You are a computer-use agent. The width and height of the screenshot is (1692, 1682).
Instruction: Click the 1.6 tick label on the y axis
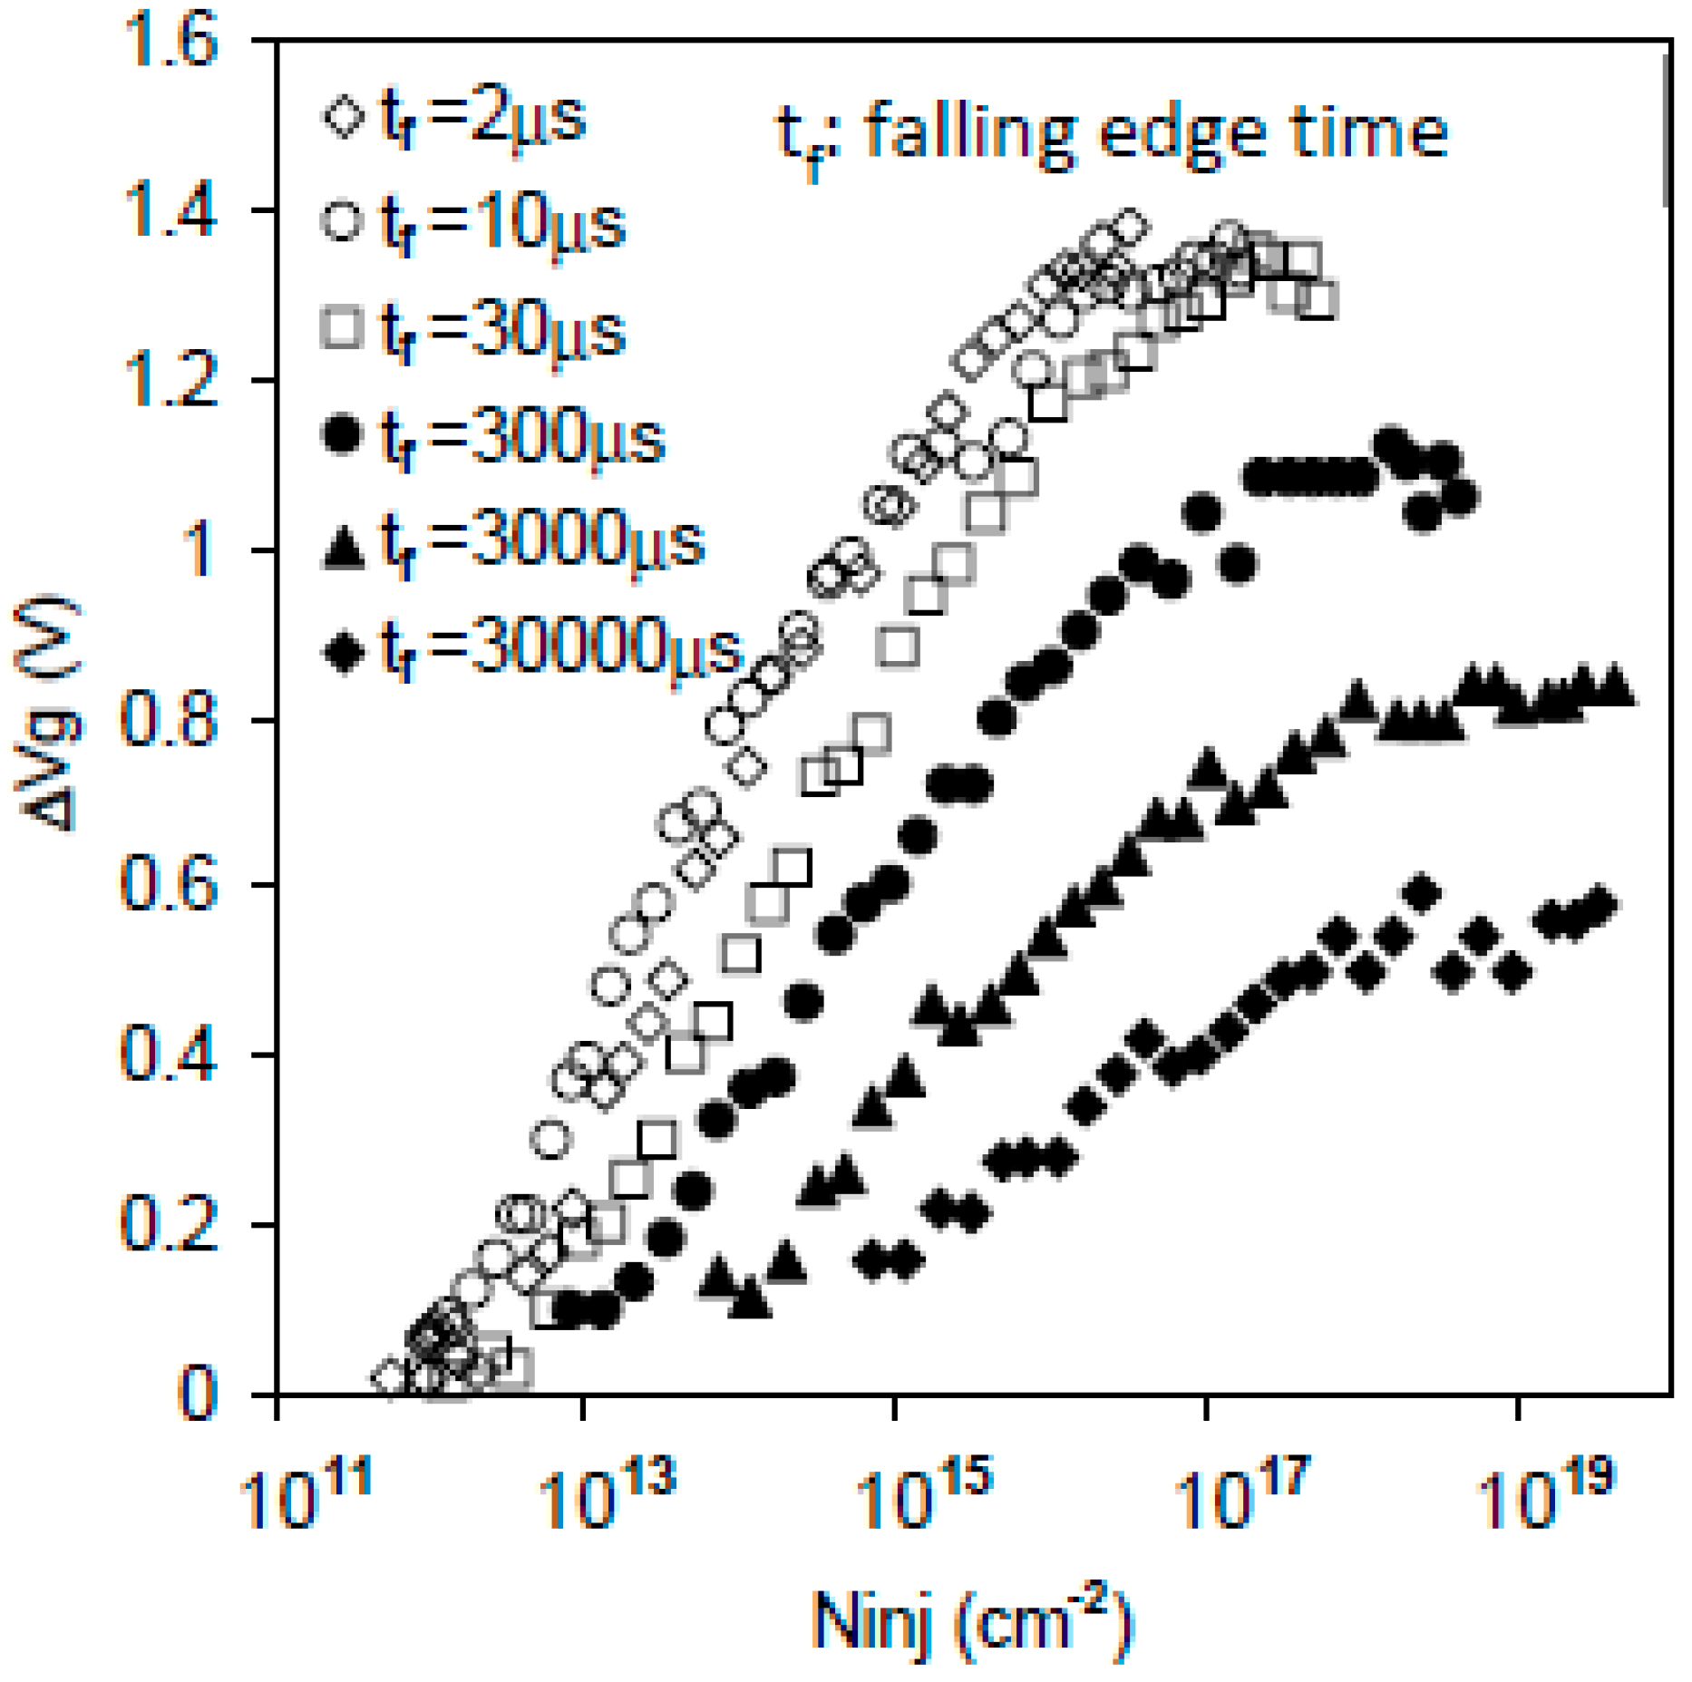(x=170, y=41)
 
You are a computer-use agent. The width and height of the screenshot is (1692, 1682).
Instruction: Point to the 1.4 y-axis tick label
(x=170, y=210)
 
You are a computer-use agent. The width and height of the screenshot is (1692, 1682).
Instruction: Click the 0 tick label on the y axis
(x=198, y=1394)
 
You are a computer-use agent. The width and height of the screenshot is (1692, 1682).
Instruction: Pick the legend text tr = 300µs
(x=522, y=439)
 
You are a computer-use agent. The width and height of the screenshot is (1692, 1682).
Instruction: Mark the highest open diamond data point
(x=1130, y=226)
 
